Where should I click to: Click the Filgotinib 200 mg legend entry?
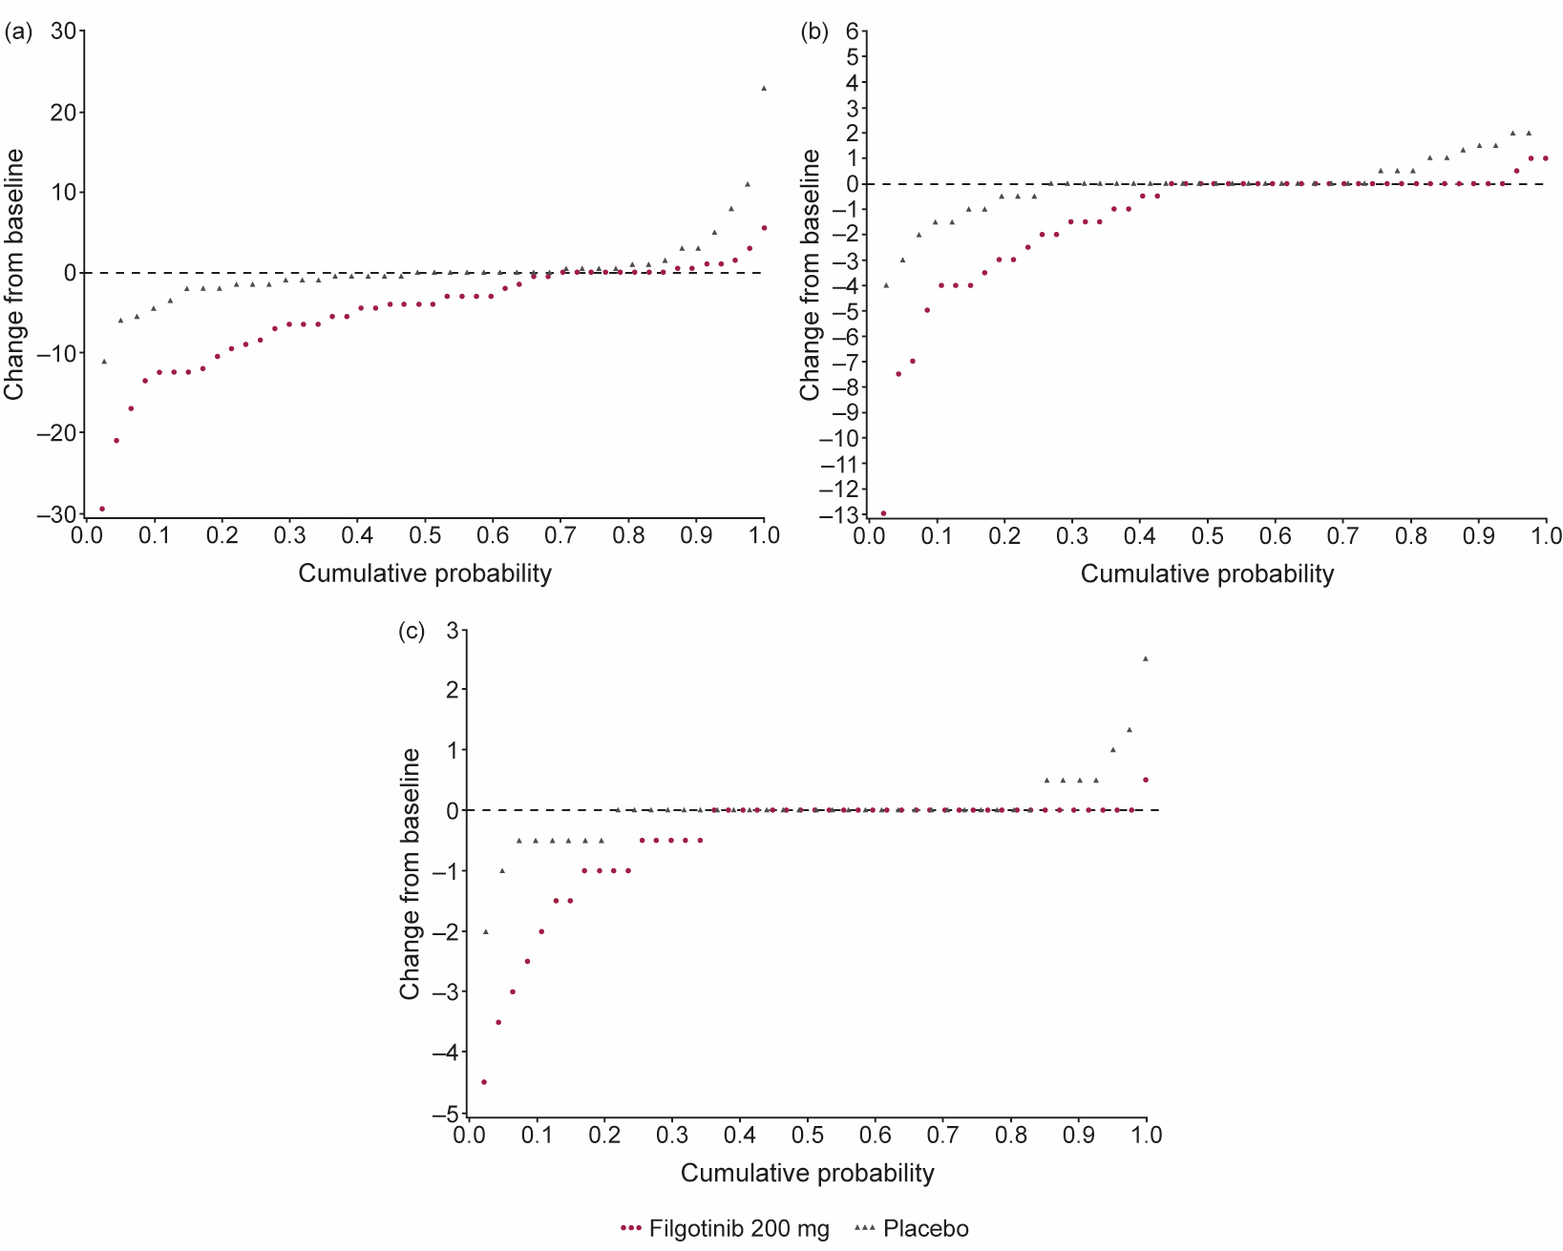(x=726, y=1229)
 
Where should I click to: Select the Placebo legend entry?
(x=912, y=1229)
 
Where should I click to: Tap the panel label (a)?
(x=18, y=32)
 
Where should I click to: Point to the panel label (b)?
(x=814, y=32)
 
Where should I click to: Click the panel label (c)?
(x=412, y=631)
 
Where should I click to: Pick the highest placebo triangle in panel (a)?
(x=764, y=88)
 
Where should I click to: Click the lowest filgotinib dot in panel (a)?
(x=102, y=509)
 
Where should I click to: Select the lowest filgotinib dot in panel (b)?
(x=883, y=513)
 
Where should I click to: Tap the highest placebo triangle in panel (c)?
(x=1146, y=658)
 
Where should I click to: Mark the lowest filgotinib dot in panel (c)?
(x=484, y=1082)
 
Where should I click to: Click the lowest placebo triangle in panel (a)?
(x=104, y=361)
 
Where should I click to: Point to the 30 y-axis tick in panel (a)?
(x=64, y=31)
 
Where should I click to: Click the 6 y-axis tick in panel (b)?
(x=851, y=31)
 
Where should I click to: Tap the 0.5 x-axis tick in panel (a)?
(x=425, y=535)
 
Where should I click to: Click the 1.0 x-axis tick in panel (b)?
(x=1545, y=535)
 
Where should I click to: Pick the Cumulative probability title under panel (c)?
(x=807, y=1173)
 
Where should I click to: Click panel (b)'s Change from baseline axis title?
(x=811, y=275)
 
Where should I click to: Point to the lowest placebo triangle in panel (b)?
(x=886, y=284)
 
